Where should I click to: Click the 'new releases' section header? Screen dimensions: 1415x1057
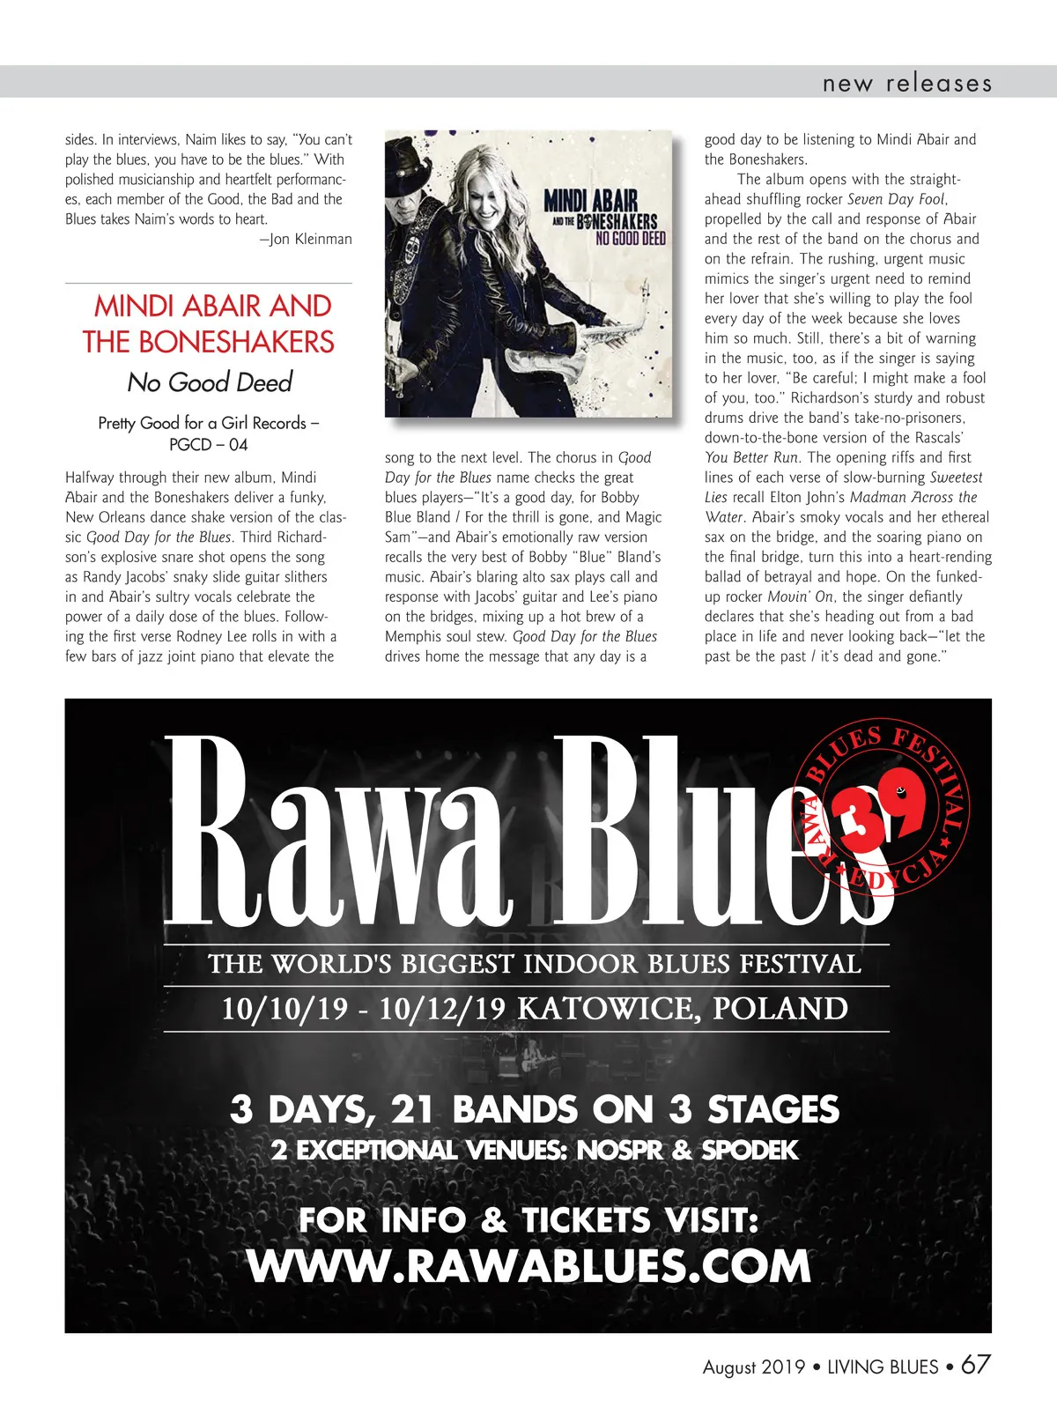906,84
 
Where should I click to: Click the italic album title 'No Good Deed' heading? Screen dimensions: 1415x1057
210,382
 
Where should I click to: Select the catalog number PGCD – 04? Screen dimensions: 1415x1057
209,444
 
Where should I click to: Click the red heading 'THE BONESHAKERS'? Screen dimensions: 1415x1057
209,342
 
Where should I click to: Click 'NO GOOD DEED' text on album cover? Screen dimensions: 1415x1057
630,238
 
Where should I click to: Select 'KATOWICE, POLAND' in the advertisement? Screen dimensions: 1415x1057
682,1008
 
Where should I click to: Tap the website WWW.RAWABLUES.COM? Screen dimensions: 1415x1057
528,1266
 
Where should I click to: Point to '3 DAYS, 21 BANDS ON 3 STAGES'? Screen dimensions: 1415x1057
534,1109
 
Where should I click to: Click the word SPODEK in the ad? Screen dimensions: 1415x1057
750,1150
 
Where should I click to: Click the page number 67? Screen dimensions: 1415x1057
975,1365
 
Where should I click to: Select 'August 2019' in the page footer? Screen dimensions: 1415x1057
754,1367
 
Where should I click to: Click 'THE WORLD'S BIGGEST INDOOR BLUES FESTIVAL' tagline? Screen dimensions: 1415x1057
534,964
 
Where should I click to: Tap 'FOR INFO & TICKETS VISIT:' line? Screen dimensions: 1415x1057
528,1220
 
